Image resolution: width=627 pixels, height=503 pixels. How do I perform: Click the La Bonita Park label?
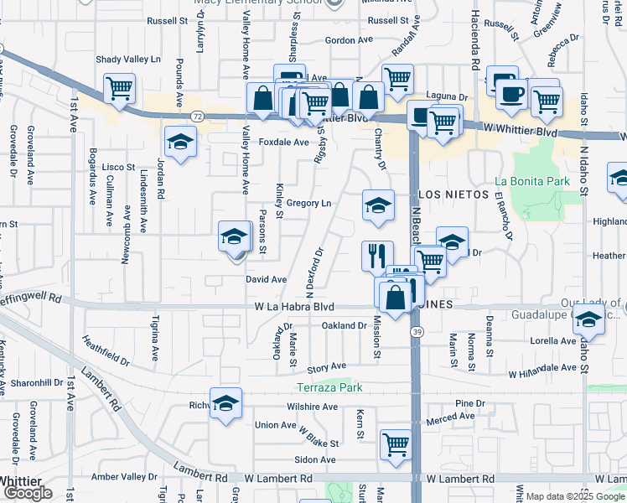click(x=532, y=180)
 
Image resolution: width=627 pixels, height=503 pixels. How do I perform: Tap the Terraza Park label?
click(x=330, y=387)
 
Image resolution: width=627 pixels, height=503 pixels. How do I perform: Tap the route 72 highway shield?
click(x=196, y=116)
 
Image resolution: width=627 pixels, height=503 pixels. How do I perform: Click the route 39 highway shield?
click(x=417, y=333)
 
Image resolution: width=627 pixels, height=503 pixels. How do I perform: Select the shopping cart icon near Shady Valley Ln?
click(x=120, y=86)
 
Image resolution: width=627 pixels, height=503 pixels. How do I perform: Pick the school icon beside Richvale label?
click(x=225, y=403)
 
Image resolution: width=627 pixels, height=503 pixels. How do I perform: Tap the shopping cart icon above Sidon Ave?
click(x=396, y=443)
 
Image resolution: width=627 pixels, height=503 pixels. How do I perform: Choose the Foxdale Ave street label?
click(x=283, y=143)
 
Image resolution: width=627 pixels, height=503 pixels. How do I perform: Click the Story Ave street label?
click(x=326, y=367)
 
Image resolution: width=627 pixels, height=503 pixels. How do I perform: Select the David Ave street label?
click(x=267, y=279)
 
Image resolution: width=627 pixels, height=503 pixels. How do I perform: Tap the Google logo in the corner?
click(x=28, y=492)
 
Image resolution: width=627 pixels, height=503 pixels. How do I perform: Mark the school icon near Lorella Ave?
click(x=589, y=319)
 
